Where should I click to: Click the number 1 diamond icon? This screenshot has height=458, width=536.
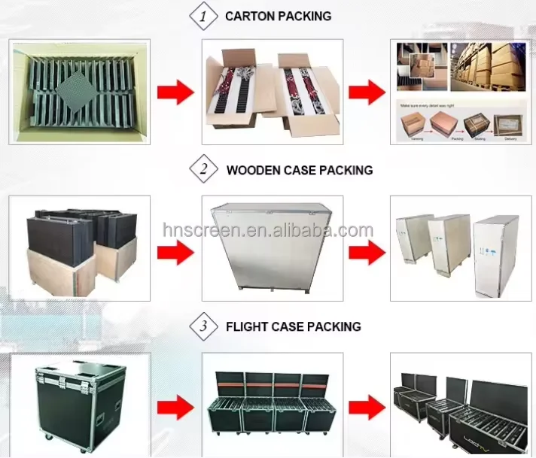tap(201, 16)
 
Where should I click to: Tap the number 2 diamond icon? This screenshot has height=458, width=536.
tap(203, 170)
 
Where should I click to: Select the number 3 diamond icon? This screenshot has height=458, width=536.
tap(202, 326)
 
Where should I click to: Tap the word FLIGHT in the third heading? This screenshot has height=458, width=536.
tap(246, 326)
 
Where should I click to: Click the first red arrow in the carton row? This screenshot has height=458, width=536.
tap(175, 92)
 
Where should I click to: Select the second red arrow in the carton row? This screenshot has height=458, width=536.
tap(367, 92)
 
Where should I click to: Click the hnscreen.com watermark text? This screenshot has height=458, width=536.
tap(268, 230)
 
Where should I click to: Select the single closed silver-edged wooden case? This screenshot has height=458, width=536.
tap(271, 247)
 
